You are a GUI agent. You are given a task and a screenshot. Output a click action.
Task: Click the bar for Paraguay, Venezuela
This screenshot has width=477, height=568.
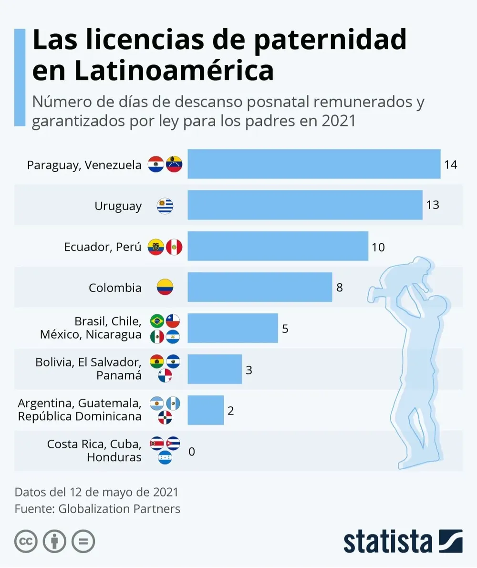tap(313, 164)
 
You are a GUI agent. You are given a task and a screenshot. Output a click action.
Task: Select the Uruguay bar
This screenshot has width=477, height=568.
tap(305, 205)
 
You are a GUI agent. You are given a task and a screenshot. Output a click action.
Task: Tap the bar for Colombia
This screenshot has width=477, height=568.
tap(259, 287)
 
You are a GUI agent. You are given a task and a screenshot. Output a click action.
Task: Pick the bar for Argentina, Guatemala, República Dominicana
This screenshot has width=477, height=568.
tap(206, 410)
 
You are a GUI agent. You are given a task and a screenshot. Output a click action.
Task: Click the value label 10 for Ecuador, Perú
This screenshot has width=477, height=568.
tap(378, 247)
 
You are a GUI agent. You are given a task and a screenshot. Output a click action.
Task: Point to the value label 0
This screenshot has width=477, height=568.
tap(192, 451)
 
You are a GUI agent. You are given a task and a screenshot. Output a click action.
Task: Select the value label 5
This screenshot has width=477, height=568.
tap(285, 329)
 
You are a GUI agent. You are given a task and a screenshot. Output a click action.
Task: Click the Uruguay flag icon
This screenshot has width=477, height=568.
tap(165, 206)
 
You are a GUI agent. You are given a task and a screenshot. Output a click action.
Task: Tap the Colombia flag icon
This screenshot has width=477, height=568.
tap(165, 287)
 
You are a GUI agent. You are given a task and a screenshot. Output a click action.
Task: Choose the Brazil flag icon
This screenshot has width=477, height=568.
tap(157, 321)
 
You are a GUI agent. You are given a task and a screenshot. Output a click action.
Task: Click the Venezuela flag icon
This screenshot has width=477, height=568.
tap(174, 164)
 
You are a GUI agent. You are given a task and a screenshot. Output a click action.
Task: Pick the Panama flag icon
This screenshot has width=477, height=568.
tap(165, 376)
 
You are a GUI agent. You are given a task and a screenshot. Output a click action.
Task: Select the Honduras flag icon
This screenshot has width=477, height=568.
tap(165, 458)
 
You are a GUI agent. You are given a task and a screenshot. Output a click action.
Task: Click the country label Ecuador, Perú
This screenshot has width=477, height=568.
tap(103, 247)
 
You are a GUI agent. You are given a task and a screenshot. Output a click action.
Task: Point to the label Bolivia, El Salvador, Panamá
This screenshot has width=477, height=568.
tap(88, 369)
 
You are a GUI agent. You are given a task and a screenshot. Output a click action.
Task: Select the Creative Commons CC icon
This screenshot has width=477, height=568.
tap(26, 542)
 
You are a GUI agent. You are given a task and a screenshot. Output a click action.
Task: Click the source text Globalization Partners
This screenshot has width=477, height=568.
tap(119, 509)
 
